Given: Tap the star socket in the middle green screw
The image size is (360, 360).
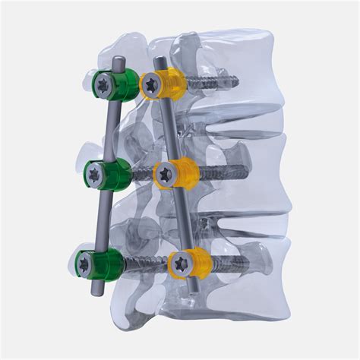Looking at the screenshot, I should [x=95, y=177].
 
